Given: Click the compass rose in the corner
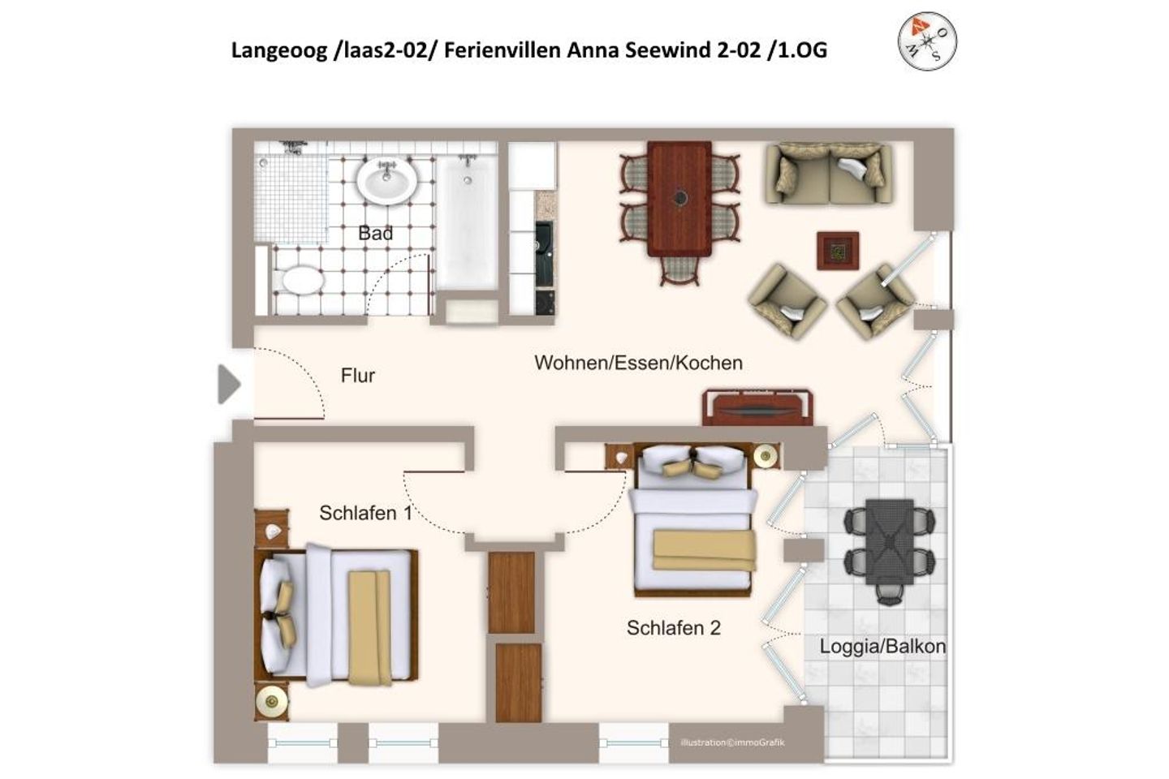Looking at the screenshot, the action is click(927, 41).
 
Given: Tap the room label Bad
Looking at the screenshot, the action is click(375, 233).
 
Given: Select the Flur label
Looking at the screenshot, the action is click(357, 375).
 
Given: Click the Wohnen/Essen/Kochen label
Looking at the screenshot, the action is click(638, 363).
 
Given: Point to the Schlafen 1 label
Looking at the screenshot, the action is click(365, 513).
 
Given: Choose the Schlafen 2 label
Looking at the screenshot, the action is click(673, 628).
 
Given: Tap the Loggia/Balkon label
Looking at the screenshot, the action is click(882, 647).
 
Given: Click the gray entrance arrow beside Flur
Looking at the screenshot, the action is click(229, 385).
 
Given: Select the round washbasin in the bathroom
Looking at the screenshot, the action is click(386, 180).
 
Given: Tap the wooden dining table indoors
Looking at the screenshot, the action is click(679, 199).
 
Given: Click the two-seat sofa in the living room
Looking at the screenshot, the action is click(829, 174).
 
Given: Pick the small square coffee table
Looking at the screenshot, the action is click(838, 251).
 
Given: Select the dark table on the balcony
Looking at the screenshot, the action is click(889, 541).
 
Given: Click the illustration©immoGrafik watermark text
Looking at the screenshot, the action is click(732, 742).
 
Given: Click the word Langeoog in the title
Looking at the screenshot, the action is click(278, 51).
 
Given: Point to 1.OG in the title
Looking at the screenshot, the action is click(802, 50).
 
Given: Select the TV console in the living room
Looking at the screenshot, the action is click(757, 407).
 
